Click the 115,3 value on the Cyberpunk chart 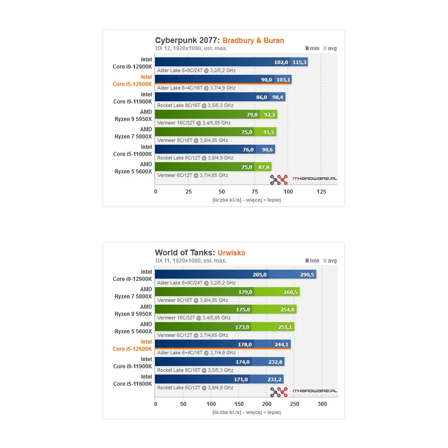point(300,62)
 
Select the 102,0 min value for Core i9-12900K point(281,62)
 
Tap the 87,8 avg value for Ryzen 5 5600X point(263,167)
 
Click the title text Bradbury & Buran point(253,41)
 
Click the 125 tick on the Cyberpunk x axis point(322,192)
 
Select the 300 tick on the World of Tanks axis point(322,404)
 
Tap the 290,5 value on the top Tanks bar point(307,275)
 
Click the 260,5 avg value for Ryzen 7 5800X point(291,292)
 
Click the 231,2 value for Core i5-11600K point(274,379)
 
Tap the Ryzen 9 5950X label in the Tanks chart point(134,310)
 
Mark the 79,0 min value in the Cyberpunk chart point(252,115)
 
